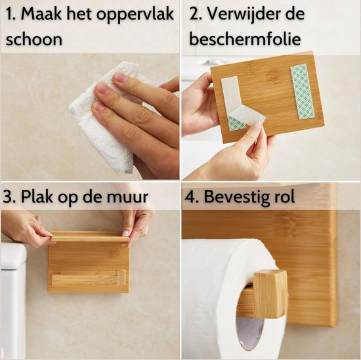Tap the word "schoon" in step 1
[x=34, y=39]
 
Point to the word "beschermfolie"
[x=245, y=39]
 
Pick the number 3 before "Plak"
[x=10, y=196]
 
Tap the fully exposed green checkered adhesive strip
[x=303, y=91]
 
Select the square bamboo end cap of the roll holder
[x=270, y=293]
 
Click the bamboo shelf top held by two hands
[x=89, y=236]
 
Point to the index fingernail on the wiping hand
[x=121, y=78]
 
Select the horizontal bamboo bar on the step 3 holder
[x=89, y=278]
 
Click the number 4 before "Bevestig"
[x=194, y=196]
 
